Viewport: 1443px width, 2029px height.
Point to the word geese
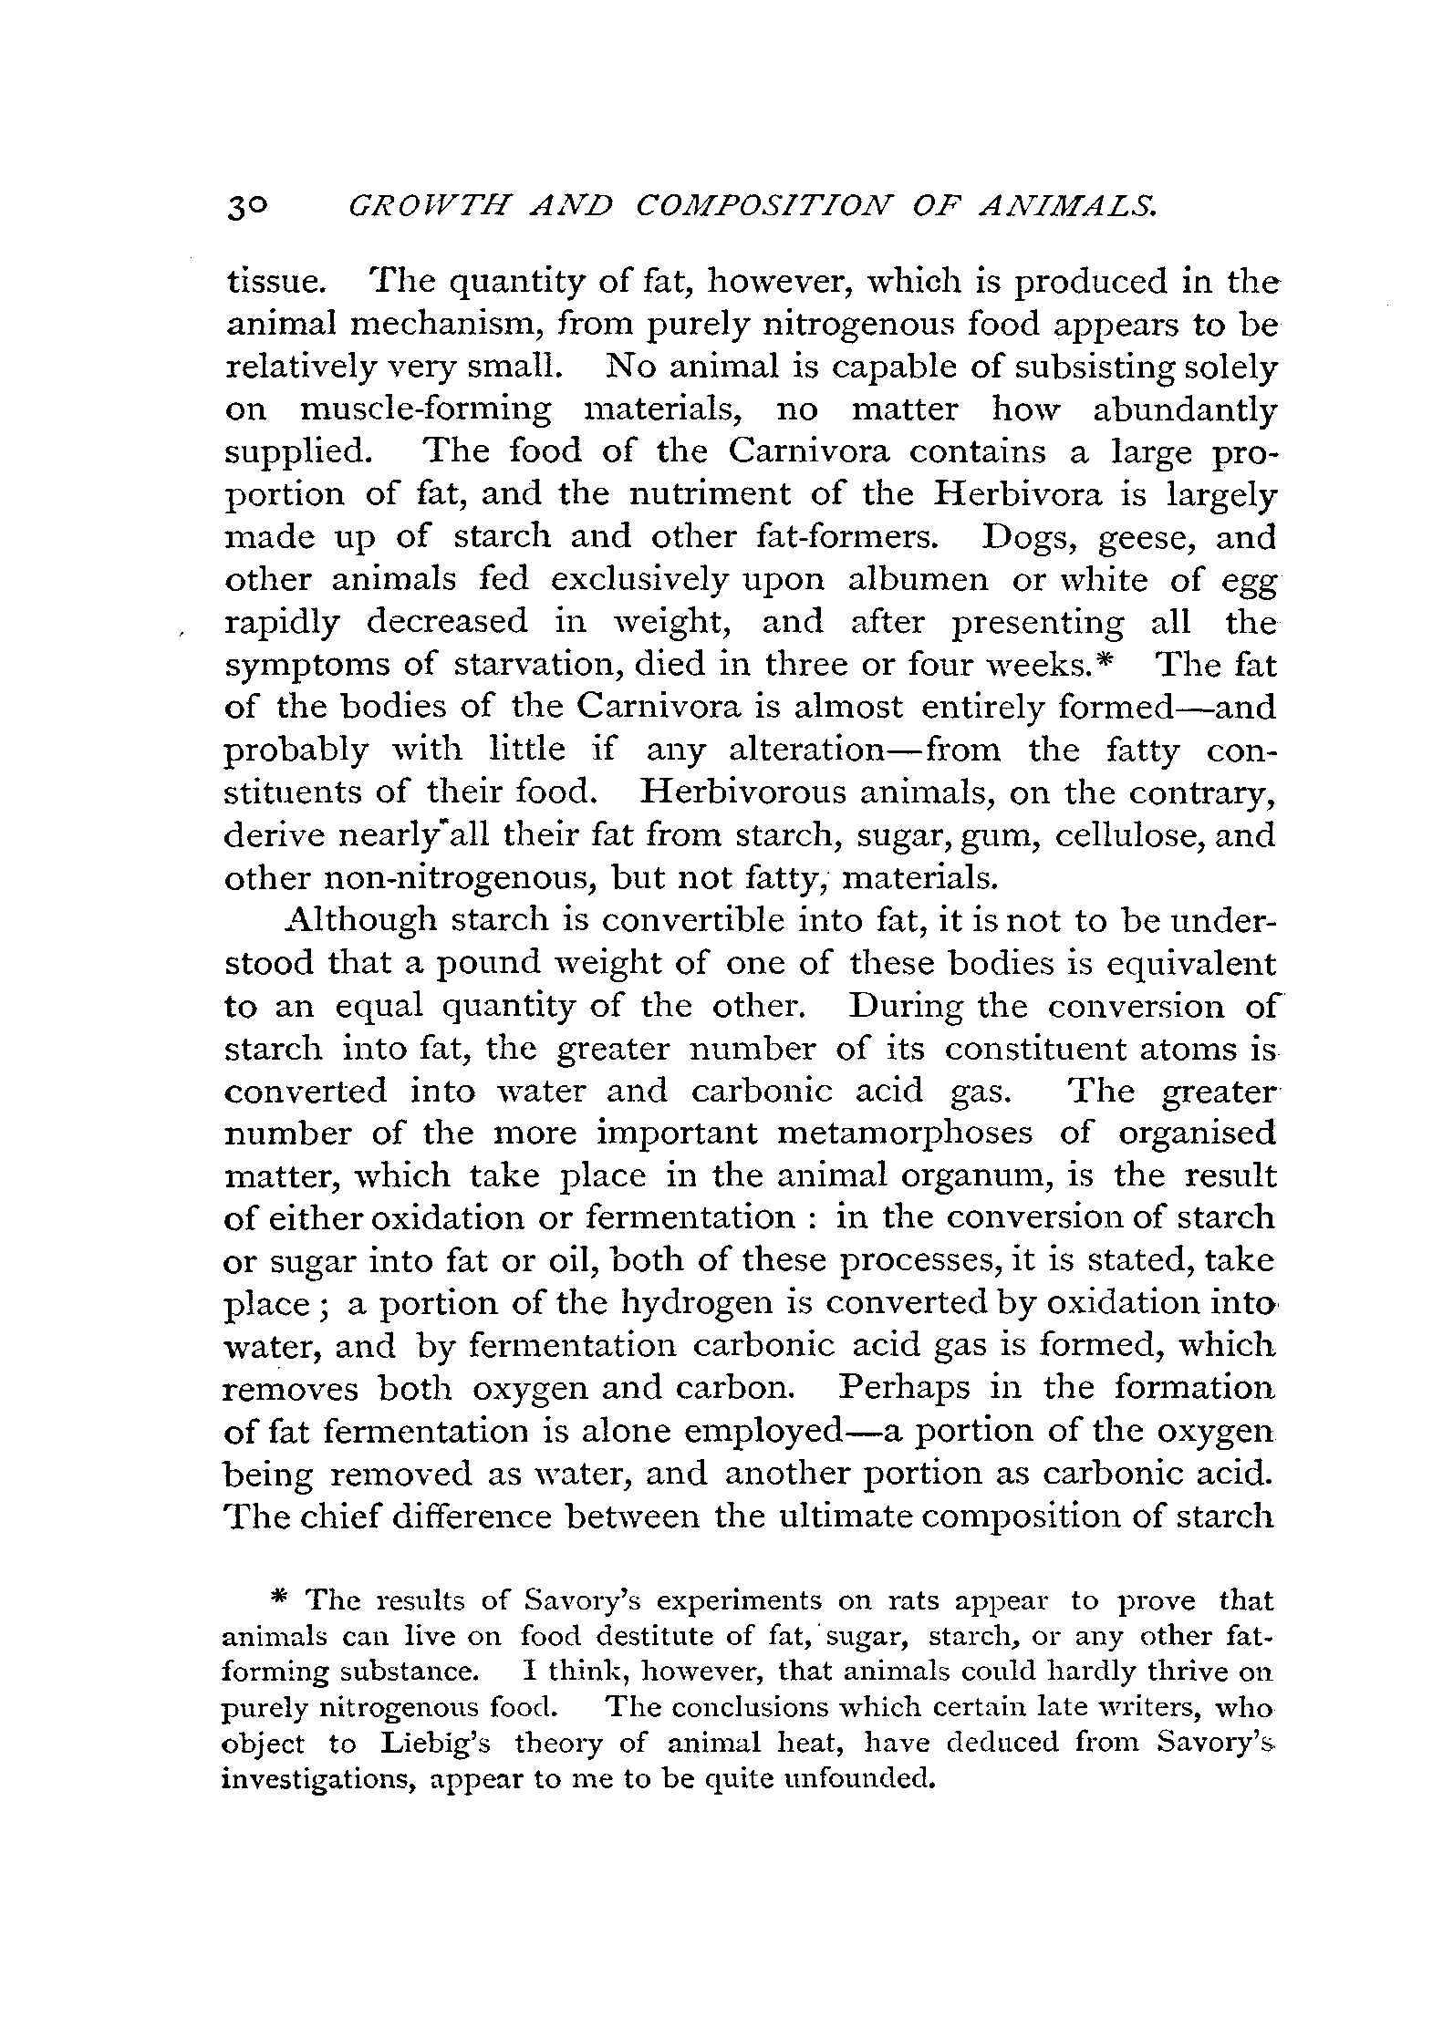tap(1146, 539)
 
